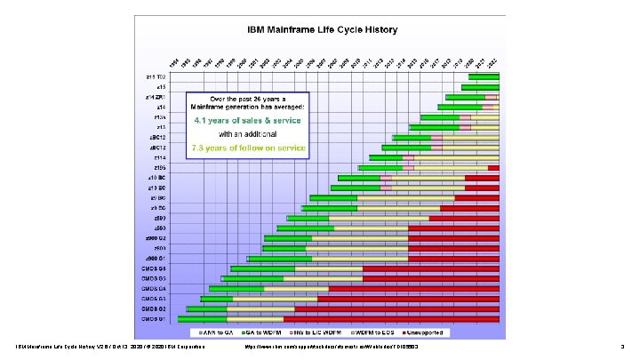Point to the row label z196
tap(160, 167)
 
